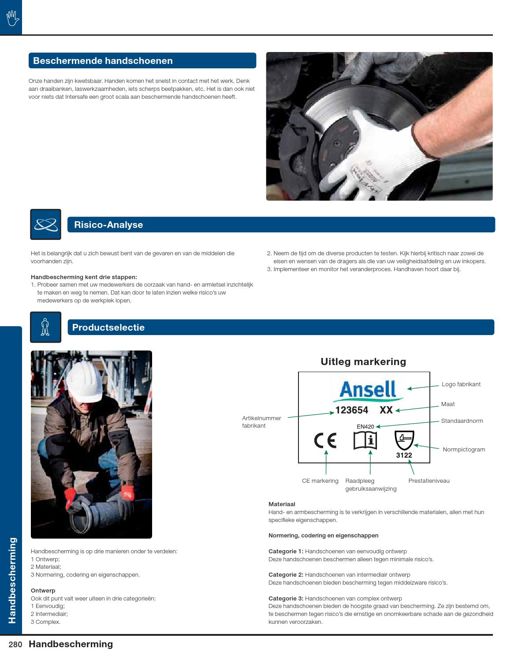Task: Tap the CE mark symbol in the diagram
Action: coord(325,440)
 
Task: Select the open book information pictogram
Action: coord(365,440)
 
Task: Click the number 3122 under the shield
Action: coord(403,455)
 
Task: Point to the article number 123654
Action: coord(352,410)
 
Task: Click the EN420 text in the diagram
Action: coord(365,426)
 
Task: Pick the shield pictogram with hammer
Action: coord(404,440)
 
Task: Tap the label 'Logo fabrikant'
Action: coord(461,384)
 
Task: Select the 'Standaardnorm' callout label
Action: coord(462,421)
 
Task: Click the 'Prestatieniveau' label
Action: coord(429,481)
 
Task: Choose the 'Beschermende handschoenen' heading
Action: coord(103,61)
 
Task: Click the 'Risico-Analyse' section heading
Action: coord(108,225)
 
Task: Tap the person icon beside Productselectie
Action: coord(45,327)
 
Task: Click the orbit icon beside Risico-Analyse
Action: coord(45,224)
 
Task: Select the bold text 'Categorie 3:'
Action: coord(286,598)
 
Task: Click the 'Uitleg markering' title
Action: coord(363,362)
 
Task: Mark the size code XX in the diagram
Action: coord(386,410)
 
